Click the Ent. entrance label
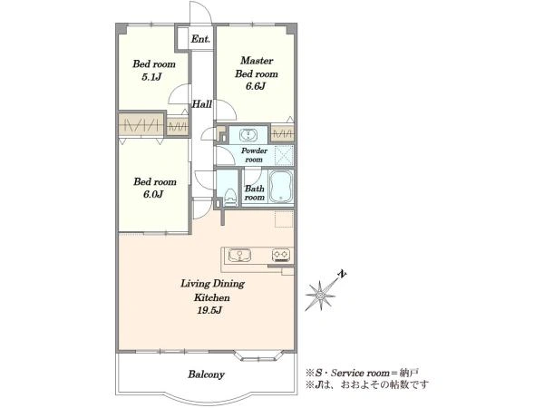point(200,39)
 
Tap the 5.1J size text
point(152,77)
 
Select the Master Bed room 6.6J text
point(257,73)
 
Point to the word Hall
point(202,103)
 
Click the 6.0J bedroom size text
point(153,194)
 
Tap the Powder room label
point(254,155)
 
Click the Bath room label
point(255,193)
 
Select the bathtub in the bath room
point(281,187)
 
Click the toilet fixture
point(229,198)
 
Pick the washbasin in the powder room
point(248,135)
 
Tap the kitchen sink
point(239,256)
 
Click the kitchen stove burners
point(281,255)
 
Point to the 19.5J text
point(209,310)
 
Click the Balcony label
point(206,374)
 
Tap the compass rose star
point(320,296)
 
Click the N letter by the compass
point(342,274)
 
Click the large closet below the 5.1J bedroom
point(141,125)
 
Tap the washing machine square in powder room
point(284,155)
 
